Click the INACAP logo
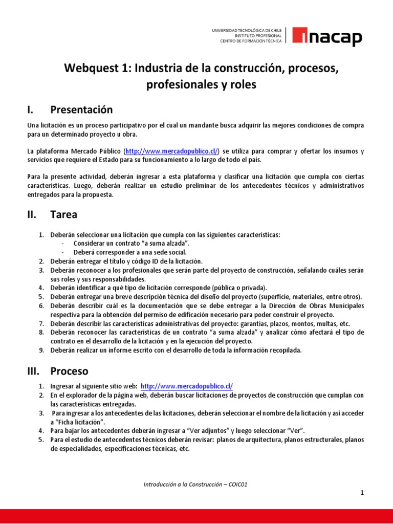[327, 37]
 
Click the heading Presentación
[81, 110]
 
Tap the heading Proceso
[69, 370]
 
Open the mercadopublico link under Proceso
[186, 386]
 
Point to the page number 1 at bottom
[362, 493]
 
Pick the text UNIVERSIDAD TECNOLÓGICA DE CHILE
[247, 31]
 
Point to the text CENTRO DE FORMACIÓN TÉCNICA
[251, 42]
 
